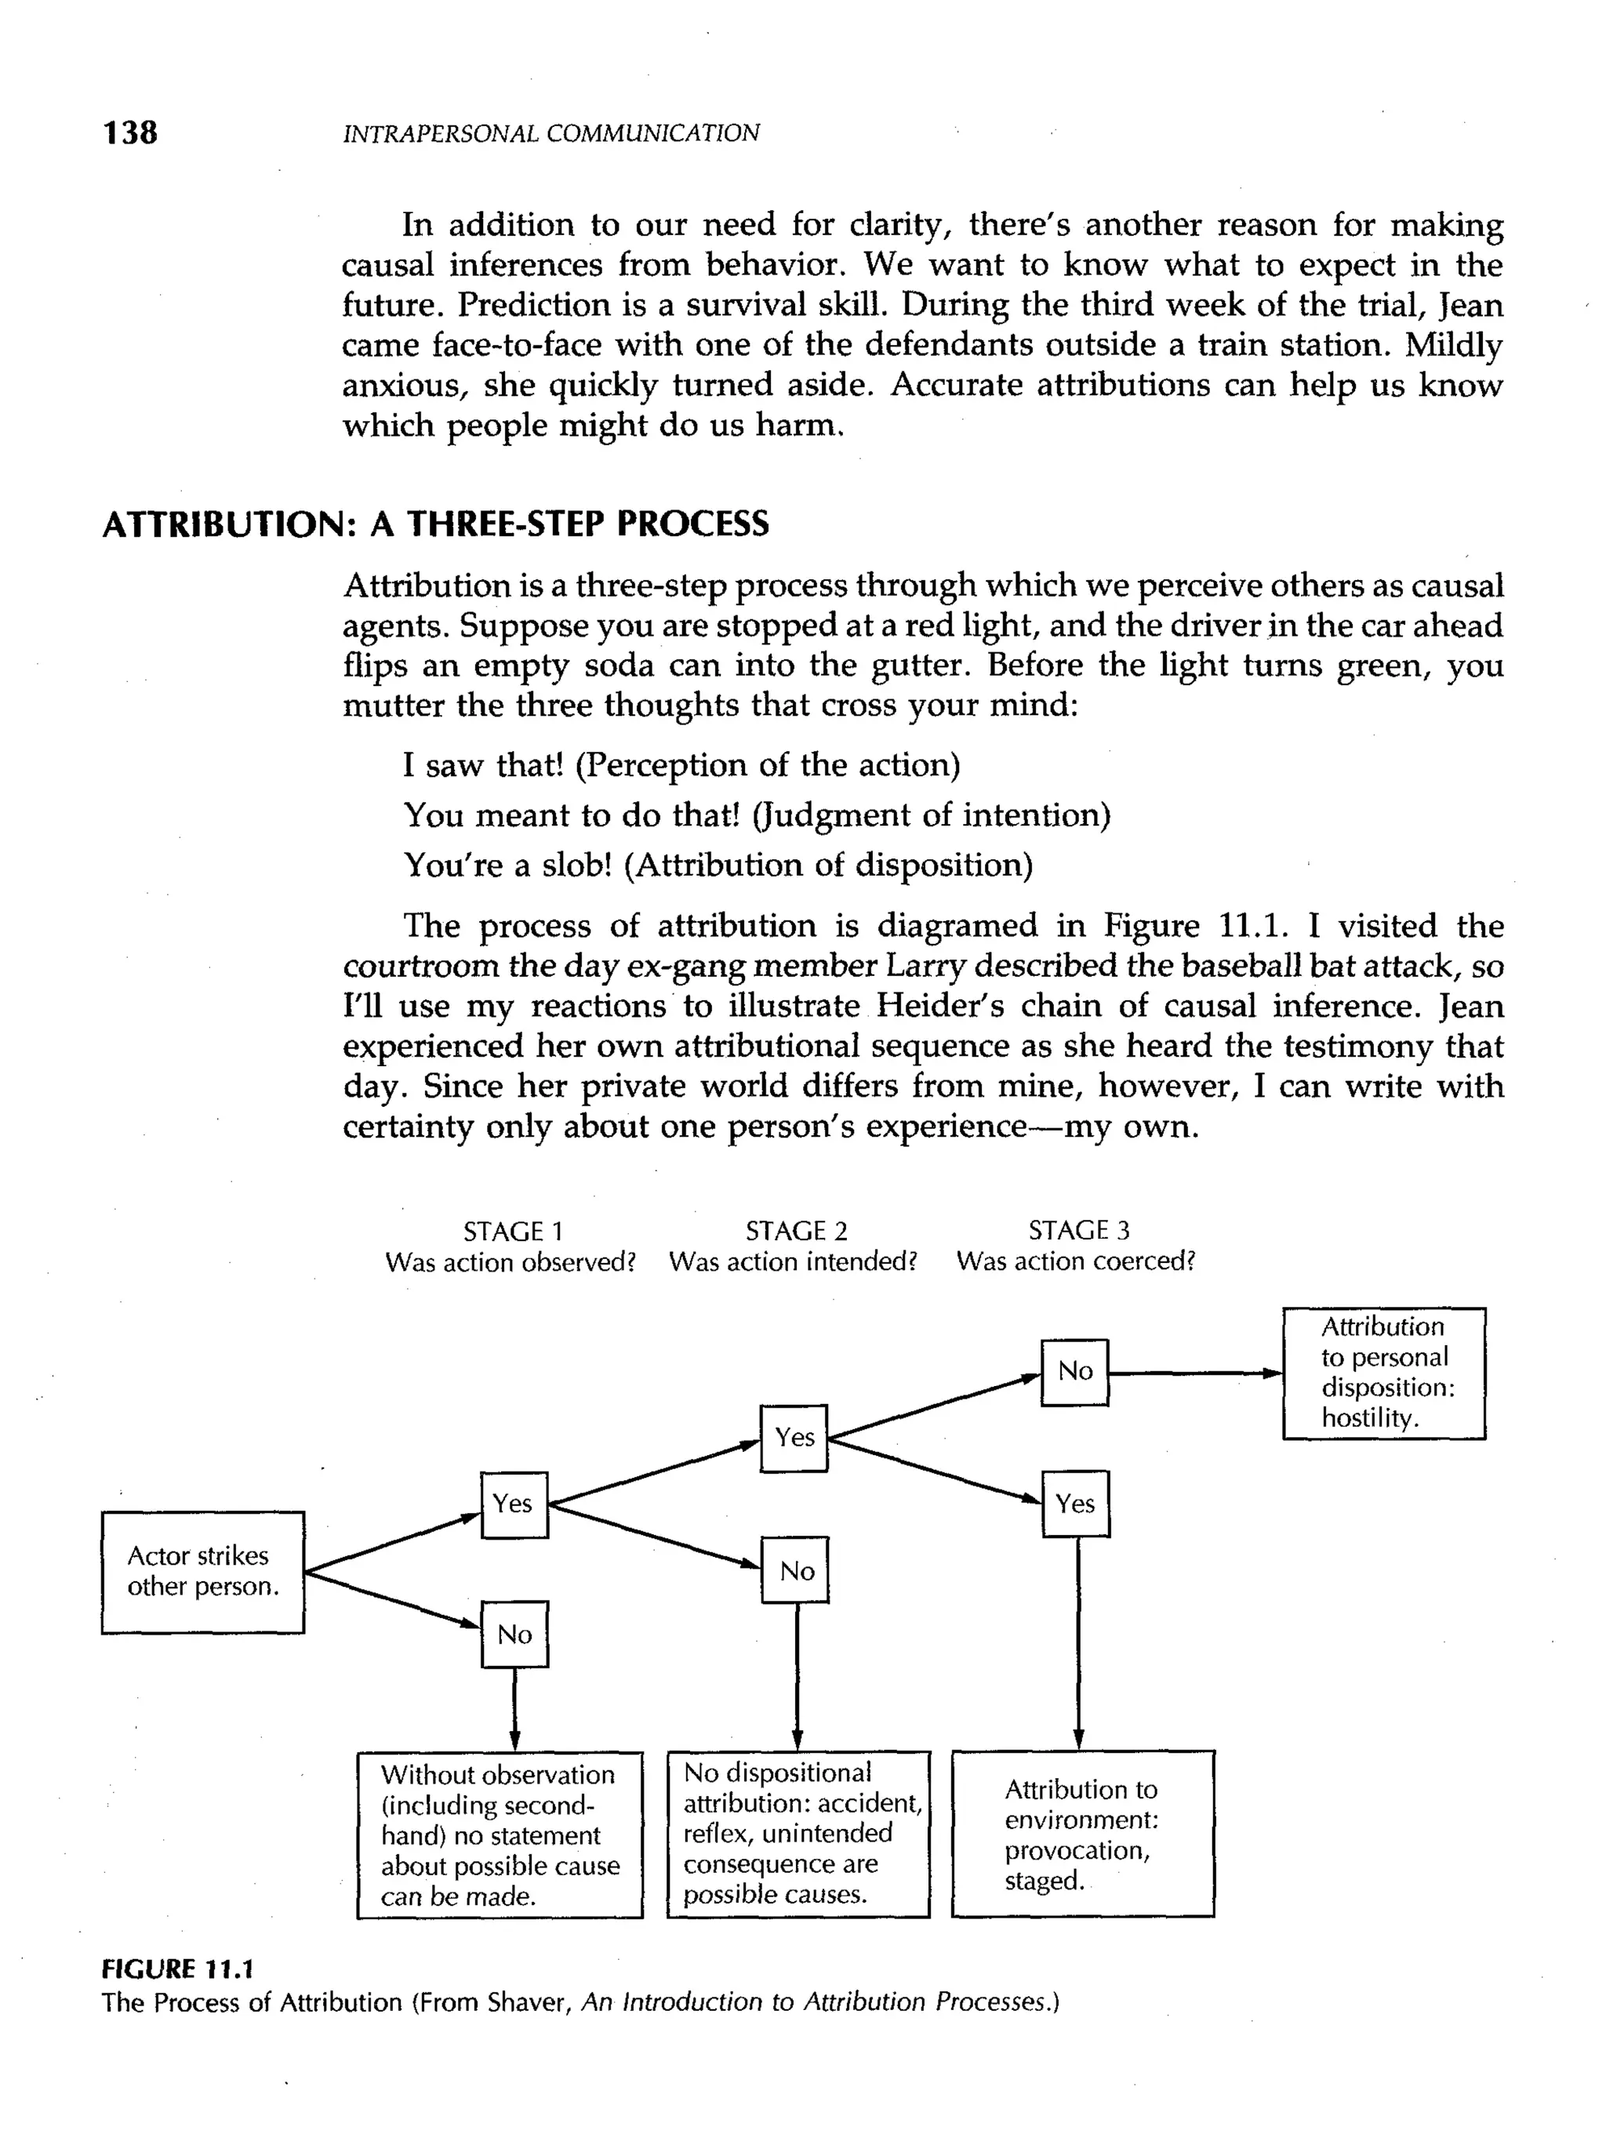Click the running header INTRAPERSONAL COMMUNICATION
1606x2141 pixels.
pyautogui.click(x=550, y=133)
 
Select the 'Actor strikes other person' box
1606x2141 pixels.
pyautogui.click(x=202, y=1572)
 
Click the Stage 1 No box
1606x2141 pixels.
pyautogui.click(x=514, y=1634)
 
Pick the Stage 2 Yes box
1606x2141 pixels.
pyautogui.click(x=794, y=1437)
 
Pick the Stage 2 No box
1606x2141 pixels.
pyautogui.click(x=795, y=1569)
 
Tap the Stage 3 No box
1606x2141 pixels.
pyautogui.click(x=1074, y=1371)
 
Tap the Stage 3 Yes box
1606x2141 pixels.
pyautogui.click(x=1076, y=1503)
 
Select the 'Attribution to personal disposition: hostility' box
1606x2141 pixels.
pyautogui.click(x=1383, y=1373)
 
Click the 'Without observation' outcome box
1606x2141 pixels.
pyautogui.click(x=500, y=1834)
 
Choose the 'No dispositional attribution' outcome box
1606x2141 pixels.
pyautogui.click(x=798, y=1833)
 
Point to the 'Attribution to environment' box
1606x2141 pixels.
pyautogui.click(x=1082, y=1833)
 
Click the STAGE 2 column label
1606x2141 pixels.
pyautogui.click(x=796, y=1230)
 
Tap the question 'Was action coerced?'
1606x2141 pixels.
pyautogui.click(x=1076, y=1261)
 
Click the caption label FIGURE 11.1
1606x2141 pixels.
pyautogui.click(x=177, y=1969)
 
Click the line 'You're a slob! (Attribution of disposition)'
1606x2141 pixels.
pyautogui.click(x=718, y=865)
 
